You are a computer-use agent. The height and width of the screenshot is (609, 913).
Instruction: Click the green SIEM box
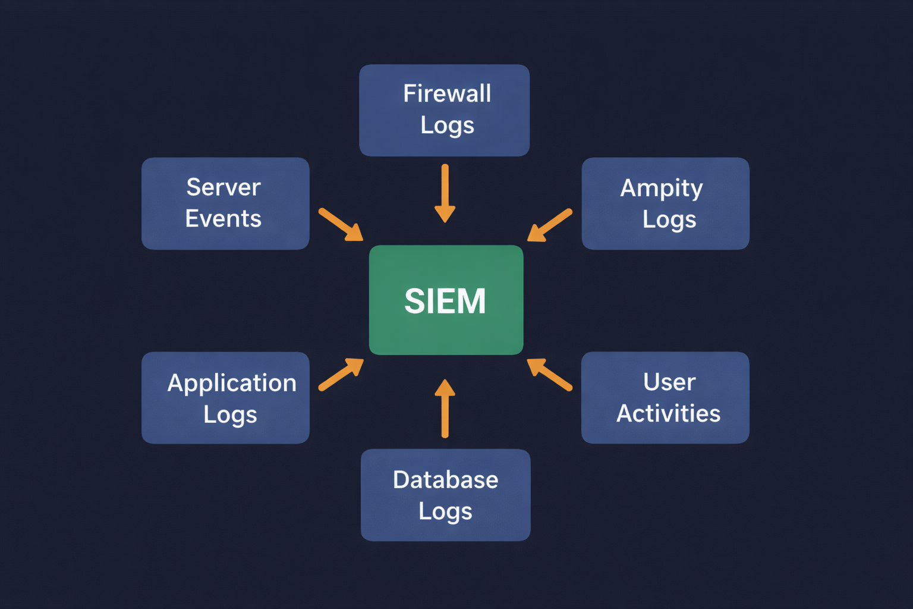point(446,300)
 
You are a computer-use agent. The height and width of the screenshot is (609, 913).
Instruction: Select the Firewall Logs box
point(444,110)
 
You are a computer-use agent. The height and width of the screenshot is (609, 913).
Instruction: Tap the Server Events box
point(225,203)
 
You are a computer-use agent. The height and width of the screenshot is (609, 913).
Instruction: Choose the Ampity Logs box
point(665,203)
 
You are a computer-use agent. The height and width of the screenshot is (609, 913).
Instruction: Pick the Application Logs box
point(225,397)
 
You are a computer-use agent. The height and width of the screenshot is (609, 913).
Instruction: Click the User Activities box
point(665,397)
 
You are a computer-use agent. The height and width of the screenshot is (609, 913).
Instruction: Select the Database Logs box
point(445,495)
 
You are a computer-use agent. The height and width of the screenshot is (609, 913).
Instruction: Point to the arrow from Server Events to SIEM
point(341,224)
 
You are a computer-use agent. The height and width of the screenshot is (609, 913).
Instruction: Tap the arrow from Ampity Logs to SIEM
point(550,225)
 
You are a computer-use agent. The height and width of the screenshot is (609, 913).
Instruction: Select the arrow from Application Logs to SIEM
point(341,374)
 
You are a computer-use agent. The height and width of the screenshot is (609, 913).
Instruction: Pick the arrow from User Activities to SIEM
point(549,374)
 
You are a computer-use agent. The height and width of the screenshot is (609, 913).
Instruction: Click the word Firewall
point(447,93)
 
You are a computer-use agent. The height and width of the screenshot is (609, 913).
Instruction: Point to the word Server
point(223,187)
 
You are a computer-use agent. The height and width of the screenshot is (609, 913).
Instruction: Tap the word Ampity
point(662,189)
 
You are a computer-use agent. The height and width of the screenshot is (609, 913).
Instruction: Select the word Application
point(232,383)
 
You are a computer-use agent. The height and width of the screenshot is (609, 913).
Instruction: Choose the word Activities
point(668,413)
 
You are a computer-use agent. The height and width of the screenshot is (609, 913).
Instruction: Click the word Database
point(445,479)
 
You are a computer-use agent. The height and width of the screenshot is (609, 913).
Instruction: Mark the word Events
point(223,219)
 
